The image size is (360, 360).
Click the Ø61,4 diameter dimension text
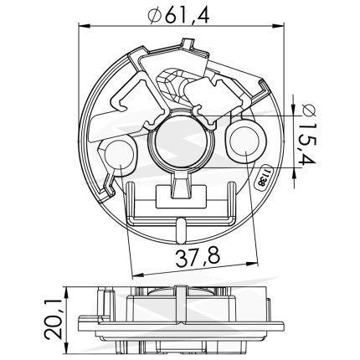point(178,15)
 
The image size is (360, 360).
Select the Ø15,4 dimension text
point(308,135)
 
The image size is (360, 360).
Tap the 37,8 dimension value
point(198,258)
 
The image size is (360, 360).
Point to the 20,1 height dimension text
point(54,319)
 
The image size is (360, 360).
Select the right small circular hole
point(244,141)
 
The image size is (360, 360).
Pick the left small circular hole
point(120,155)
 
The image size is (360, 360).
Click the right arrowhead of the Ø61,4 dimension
point(278,26)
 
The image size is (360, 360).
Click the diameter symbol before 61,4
point(155,16)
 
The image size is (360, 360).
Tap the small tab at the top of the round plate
point(188,44)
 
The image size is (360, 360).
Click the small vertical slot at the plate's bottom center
point(181,231)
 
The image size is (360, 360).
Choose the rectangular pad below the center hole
point(181,197)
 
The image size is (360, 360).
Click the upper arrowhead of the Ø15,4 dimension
point(293,109)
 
